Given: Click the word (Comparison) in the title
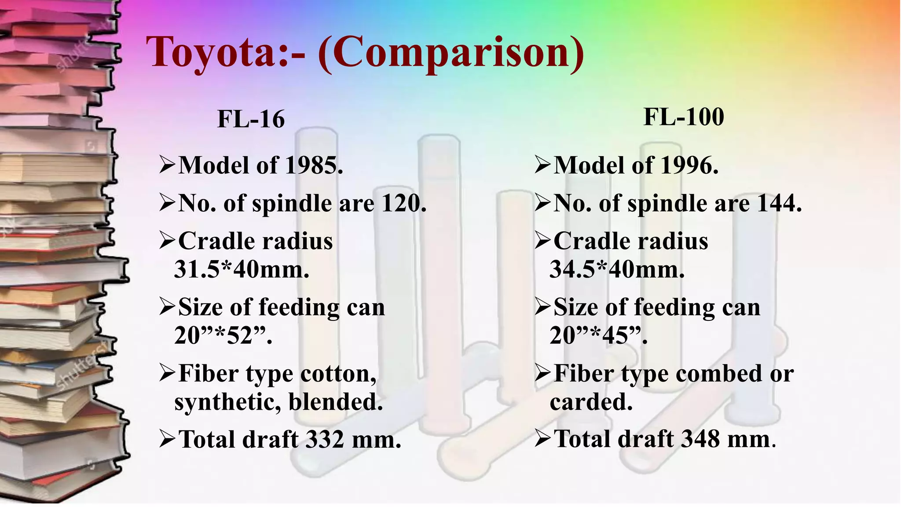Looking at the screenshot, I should pos(450,53).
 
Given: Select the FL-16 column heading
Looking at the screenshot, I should pos(251,119).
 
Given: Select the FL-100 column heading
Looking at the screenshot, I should pos(684,117).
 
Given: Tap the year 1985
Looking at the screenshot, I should pos(313,165).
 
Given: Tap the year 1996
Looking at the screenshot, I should pos(689,165).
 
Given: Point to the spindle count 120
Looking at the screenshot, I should pos(403,203).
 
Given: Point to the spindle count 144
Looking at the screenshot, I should pos(779,203).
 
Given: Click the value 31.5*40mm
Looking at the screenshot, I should pos(242,269).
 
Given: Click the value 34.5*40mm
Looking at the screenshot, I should pos(617,269).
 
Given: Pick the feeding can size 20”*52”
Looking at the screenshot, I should pos(223,335).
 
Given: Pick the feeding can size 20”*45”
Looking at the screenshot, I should pos(598,335).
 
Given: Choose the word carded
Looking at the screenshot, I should pos(591,402).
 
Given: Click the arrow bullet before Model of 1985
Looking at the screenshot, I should pos(168,165).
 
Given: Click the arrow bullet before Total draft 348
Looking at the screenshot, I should pos(543,439).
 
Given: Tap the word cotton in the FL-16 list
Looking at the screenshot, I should pos(338,374).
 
